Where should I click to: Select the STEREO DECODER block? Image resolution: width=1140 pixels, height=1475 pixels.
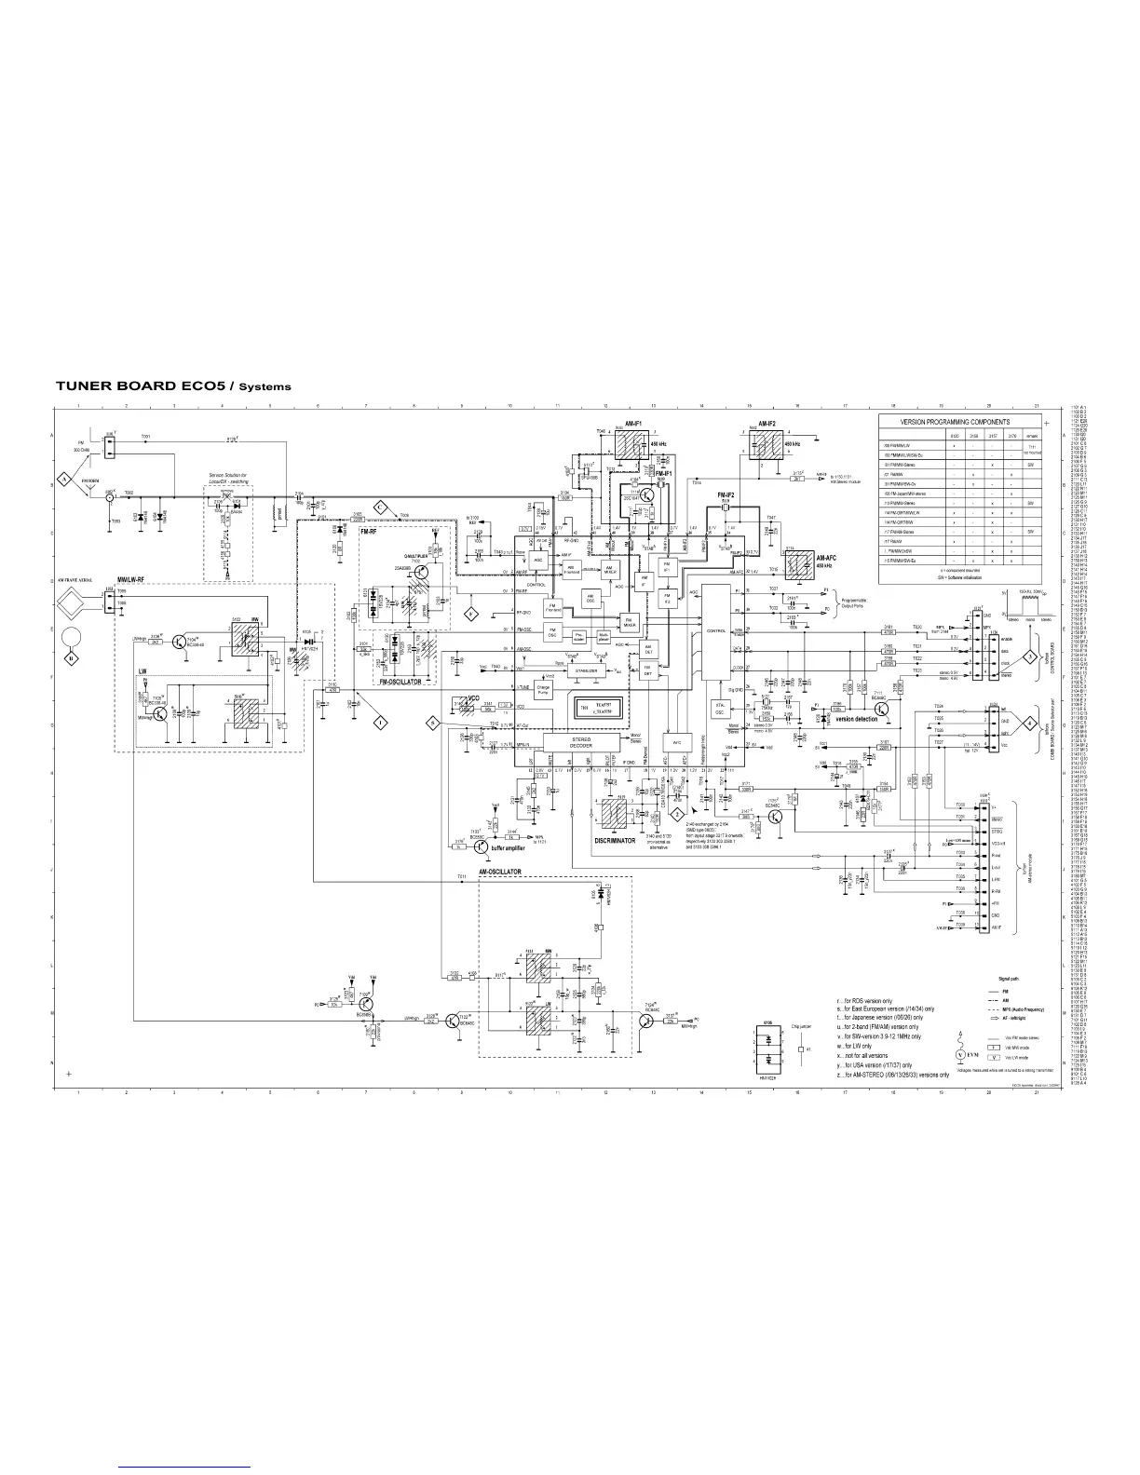(568, 741)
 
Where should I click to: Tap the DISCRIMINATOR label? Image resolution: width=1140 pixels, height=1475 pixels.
(615, 840)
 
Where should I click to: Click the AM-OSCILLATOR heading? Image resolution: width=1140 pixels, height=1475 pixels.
(500, 872)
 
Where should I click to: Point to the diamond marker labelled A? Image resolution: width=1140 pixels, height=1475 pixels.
(65, 478)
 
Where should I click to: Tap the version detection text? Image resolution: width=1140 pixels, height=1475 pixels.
(856, 719)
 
